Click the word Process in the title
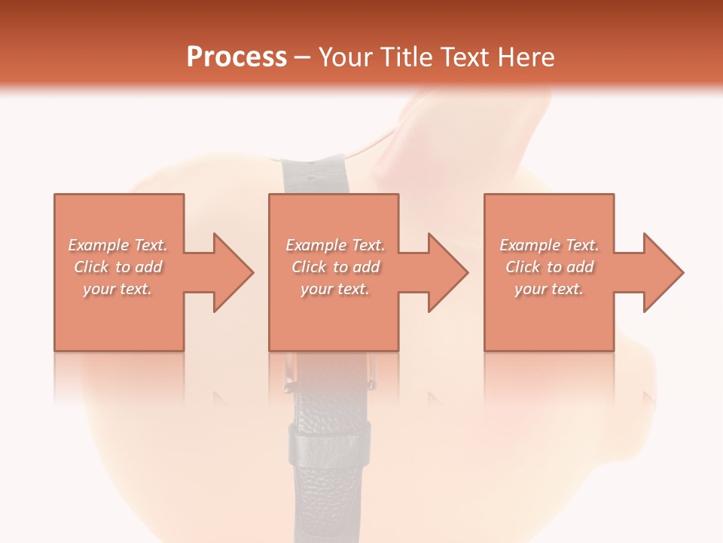[x=236, y=57]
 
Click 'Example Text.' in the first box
[x=117, y=245]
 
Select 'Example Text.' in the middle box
[x=334, y=245]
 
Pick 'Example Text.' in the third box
[x=549, y=245]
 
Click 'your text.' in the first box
[x=117, y=289]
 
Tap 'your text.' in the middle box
[x=334, y=289]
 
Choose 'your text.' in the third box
[x=549, y=289]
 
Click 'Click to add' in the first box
[x=117, y=267]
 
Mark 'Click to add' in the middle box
[x=334, y=267]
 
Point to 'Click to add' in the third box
[x=549, y=267]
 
